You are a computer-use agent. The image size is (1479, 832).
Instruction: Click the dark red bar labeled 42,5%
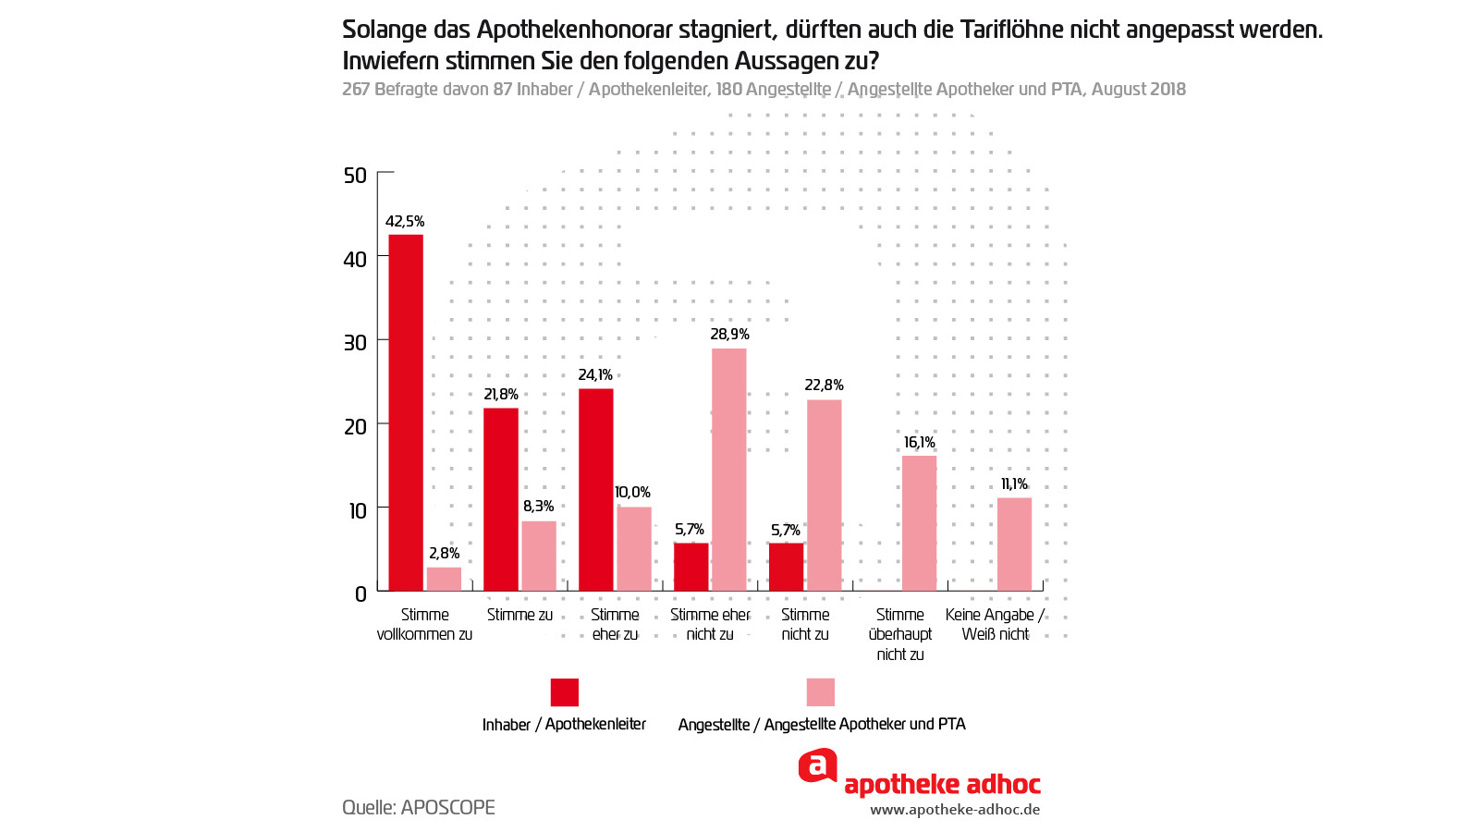point(406,412)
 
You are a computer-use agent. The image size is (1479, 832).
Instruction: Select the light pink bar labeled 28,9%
point(728,470)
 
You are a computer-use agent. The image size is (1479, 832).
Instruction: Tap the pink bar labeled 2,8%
point(444,579)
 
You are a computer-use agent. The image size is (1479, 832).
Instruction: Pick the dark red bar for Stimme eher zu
point(595,490)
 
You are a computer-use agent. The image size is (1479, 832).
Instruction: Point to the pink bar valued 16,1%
point(919,523)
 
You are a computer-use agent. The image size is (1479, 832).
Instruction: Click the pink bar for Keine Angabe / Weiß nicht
point(1014,544)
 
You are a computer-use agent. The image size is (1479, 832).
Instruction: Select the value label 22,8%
point(824,385)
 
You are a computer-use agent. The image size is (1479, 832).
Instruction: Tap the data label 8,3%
point(538,507)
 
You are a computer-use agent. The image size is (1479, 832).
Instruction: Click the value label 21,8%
point(500,395)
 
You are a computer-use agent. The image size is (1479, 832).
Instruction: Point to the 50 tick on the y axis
point(355,176)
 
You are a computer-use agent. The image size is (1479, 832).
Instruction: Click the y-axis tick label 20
point(355,427)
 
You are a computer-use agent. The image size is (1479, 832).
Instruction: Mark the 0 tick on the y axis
point(361,594)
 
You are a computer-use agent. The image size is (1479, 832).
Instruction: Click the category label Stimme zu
point(519,615)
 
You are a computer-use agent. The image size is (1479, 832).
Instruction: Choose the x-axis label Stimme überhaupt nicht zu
point(900,634)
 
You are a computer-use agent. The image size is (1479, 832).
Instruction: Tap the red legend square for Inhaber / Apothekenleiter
point(565,692)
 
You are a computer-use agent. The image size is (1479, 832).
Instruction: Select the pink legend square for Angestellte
point(821,692)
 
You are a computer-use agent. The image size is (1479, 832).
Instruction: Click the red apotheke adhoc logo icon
point(818,765)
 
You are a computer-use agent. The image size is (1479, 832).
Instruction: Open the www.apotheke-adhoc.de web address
point(955,810)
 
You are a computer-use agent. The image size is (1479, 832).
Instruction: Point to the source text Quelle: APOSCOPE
point(419,807)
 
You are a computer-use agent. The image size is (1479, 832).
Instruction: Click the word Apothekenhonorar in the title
point(574,30)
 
